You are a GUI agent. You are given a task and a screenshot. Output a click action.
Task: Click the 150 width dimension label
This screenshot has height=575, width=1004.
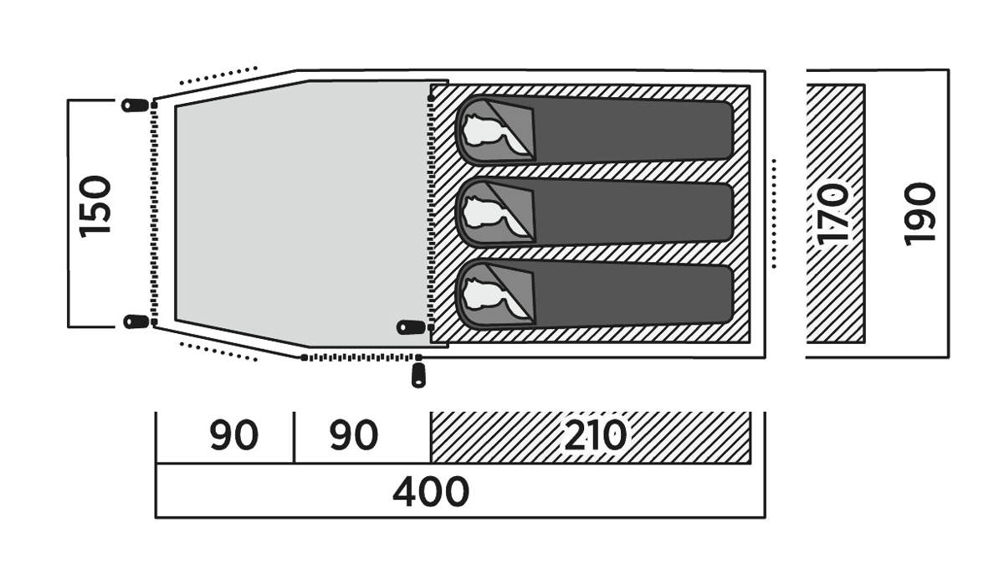(x=95, y=207)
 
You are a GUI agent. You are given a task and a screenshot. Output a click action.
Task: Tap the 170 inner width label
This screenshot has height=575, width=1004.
(x=832, y=214)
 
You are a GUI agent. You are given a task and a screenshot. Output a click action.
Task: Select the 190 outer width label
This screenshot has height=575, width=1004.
(x=919, y=214)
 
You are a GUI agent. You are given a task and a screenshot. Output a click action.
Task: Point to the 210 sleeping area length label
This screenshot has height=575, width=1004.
(x=595, y=434)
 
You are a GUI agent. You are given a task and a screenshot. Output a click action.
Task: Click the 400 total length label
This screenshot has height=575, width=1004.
(x=431, y=491)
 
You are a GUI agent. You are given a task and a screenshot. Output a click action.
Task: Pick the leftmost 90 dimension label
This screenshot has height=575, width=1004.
(x=233, y=434)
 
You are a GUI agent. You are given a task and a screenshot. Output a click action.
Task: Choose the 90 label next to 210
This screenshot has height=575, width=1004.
(x=354, y=434)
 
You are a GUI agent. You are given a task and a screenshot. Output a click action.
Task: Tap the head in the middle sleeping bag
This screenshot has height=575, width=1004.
(x=489, y=214)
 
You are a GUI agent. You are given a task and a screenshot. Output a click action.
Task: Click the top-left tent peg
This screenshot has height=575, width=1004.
(x=135, y=105)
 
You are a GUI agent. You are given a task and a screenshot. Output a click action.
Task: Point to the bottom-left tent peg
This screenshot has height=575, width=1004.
(x=136, y=321)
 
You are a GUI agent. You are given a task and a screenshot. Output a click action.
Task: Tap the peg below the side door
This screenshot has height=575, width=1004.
(x=418, y=375)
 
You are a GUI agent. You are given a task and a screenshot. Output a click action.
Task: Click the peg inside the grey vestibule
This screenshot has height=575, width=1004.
(x=411, y=327)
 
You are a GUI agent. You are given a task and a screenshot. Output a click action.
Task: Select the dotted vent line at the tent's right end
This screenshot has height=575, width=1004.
(x=774, y=213)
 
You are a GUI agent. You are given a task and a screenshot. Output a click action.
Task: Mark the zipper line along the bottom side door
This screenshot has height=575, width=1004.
(x=361, y=357)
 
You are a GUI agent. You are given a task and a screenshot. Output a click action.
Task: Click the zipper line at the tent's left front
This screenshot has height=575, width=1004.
(x=154, y=213)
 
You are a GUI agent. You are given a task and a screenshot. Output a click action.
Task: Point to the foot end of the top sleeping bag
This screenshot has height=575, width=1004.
(x=727, y=130)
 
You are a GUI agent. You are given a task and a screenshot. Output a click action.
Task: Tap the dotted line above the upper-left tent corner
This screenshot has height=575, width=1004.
(x=218, y=76)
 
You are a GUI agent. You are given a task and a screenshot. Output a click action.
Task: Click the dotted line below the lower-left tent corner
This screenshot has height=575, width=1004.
(x=218, y=352)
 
